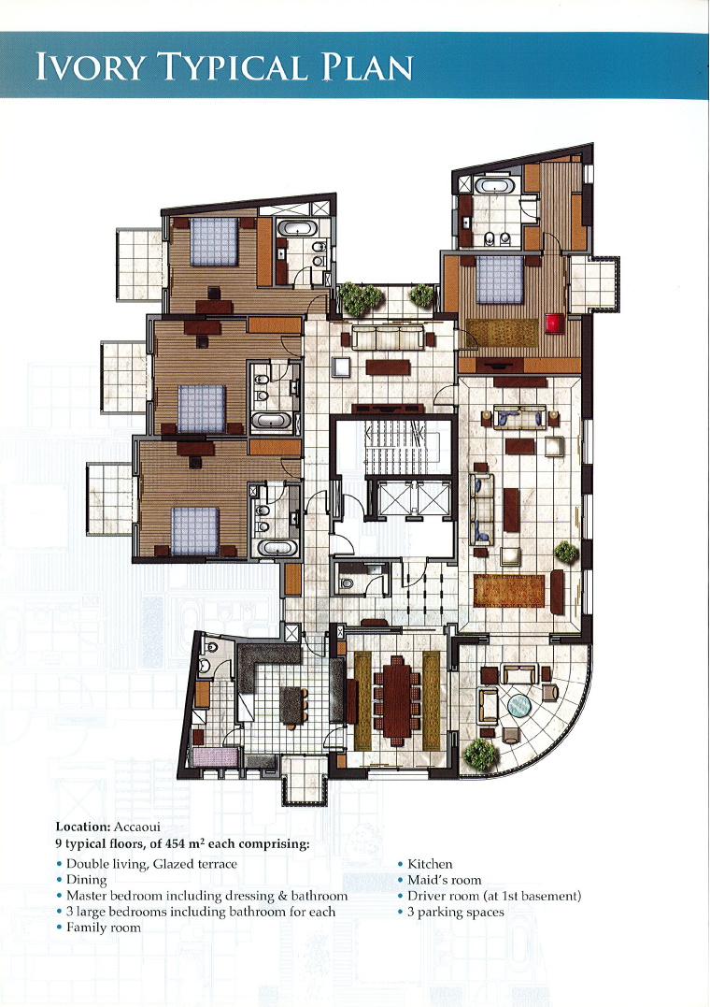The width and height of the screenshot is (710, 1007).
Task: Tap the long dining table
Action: [397, 697]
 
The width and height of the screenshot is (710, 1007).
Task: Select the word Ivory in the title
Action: [91, 66]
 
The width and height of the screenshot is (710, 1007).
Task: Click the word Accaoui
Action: [136, 827]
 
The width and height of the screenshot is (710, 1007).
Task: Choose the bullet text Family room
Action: [104, 927]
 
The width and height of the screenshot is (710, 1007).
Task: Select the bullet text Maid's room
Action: [445, 880]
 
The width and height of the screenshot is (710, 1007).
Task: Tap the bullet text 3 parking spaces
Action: [456, 912]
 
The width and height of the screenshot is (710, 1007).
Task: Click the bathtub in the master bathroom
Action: [493, 186]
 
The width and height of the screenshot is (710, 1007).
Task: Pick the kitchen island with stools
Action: [292, 706]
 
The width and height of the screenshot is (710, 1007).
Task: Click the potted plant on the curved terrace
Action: [479, 754]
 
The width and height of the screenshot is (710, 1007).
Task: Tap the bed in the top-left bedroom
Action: [215, 241]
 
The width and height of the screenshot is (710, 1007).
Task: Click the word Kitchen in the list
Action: [430, 864]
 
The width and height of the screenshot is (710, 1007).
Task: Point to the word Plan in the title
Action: [366, 66]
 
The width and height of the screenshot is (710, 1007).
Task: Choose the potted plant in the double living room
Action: [566, 552]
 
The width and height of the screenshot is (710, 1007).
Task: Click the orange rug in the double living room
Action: [508, 591]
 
